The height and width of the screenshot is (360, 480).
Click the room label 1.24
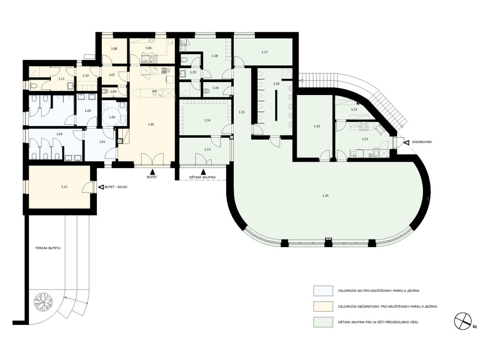coord(325,196)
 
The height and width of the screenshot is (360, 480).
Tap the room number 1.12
coord(64,187)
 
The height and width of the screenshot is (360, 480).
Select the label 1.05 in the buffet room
coord(151,124)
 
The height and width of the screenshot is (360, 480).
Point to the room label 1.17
coord(265,52)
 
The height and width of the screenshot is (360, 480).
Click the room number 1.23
coord(317,126)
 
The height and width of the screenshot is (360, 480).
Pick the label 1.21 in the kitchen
coord(365,139)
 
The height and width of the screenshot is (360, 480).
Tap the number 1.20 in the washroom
coord(276,84)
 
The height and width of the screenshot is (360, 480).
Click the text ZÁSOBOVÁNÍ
coord(422,143)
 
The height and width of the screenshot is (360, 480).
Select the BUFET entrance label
coord(152,177)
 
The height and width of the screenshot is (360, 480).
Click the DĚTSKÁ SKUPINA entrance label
coord(203,177)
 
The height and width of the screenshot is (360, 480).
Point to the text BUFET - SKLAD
coord(116,187)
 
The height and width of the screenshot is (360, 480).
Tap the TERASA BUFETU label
coord(48,248)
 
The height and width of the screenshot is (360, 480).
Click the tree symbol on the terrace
coord(43,302)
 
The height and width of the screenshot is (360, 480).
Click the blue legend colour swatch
coord(323,291)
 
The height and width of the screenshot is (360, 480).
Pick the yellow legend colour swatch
coord(323,306)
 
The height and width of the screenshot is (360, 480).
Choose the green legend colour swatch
coord(323,322)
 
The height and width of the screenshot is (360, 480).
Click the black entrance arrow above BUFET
coord(152,172)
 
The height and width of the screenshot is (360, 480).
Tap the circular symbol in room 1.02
coord(110,117)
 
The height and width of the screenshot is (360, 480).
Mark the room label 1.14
coord(207,120)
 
